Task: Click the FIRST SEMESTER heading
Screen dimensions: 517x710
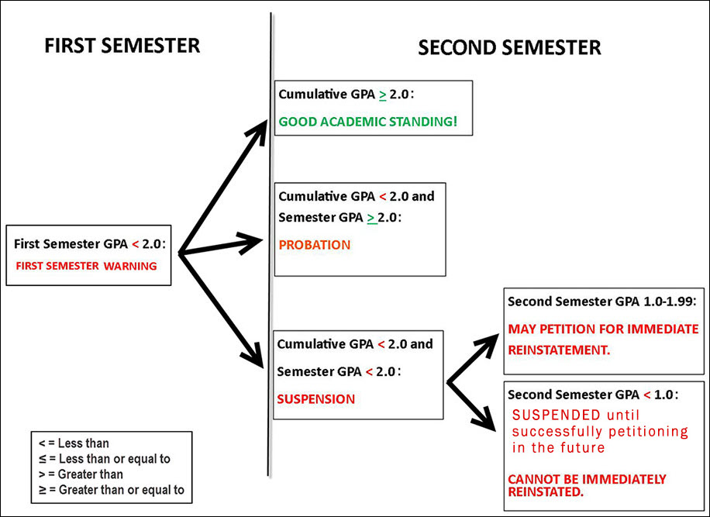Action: pos(122,45)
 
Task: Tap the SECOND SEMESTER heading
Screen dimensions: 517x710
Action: pos(509,48)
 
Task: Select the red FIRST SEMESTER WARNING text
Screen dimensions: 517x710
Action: pos(85,266)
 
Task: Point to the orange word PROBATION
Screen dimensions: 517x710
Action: pos(314,245)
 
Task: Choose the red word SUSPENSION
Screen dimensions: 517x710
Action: pos(315,399)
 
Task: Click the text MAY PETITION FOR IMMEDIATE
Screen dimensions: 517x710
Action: pos(603,329)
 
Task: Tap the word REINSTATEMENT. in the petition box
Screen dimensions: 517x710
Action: pos(559,350)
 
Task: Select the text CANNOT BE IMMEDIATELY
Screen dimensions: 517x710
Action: pos(587,479)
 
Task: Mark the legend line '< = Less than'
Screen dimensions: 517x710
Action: pos(74,444)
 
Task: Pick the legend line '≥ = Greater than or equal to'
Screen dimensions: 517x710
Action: pos(112,489)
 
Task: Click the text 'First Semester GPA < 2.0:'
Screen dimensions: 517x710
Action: pos(89,243)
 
